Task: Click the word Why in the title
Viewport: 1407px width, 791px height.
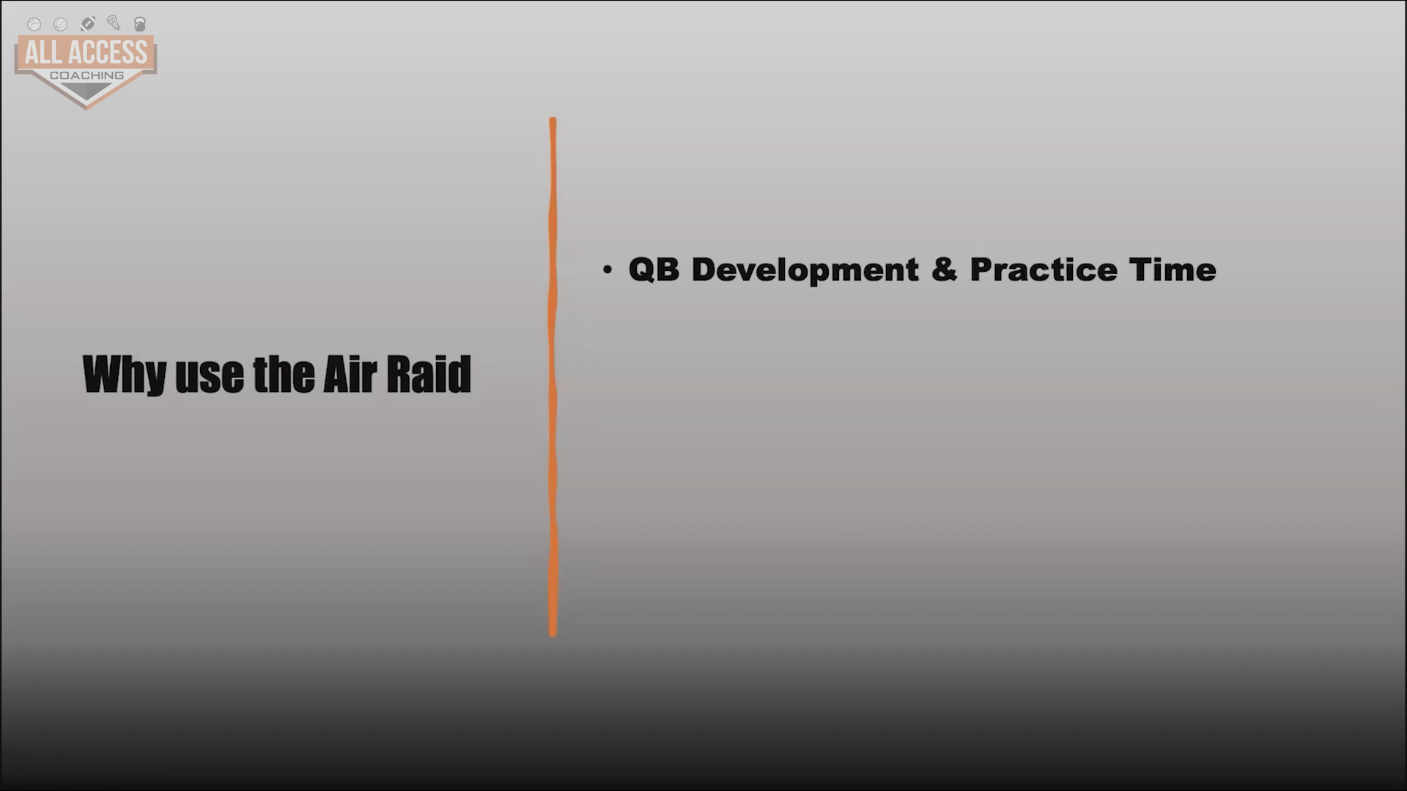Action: tap(125, 374)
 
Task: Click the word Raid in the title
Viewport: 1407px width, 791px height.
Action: tap(429, 374)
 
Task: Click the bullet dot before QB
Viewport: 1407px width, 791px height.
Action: tap(607, 270)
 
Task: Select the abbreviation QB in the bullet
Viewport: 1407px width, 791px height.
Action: tap(654, 270)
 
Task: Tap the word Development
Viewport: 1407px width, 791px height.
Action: tap(805, 270)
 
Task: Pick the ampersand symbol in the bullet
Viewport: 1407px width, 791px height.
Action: tap(944, 270)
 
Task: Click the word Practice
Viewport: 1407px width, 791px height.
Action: tap(1044, 270)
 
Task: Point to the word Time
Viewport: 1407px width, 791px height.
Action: tap(1172, 270)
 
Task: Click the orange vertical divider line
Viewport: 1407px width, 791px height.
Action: tap(553, 377)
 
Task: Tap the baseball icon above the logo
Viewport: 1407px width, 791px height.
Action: tap(34, 25)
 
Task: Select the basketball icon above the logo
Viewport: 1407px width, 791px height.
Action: tap(61, 25)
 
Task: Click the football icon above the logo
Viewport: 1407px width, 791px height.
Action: tap(87, 24)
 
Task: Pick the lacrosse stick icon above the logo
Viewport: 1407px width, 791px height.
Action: tap(114, 23)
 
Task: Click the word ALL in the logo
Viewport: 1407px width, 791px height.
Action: tap(43, 53)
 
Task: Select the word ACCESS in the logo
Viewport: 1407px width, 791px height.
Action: tap(108, 53)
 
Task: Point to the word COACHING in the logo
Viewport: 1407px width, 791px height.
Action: tap(86, 75)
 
